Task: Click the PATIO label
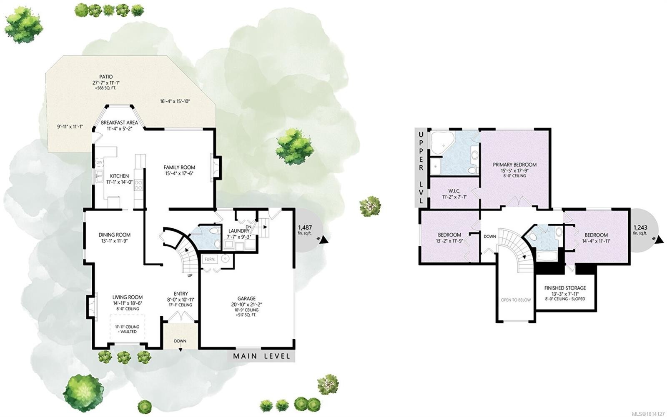[x=106, y=77]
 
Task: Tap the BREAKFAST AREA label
[x=119, y=123]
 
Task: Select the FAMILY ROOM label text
[x=179, y=167]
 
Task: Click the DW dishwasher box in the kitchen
[x=100, y=162]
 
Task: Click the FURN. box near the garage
[x=210, y=259]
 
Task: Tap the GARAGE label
[x=246, y=299]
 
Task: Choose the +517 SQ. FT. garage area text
[x=246, y=315]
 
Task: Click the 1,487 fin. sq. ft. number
[x=305, y=227]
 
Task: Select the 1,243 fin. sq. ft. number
[x=640, y=227]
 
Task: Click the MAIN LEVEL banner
[x=261, y=356]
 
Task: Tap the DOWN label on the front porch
[x=180, y=341]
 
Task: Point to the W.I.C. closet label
[x=454, y=191]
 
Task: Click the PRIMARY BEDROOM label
[x=514, y=165]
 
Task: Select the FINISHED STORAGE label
[x=565, y=288]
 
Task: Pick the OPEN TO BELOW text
[x=516, y=300]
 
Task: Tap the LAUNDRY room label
[x=239, y=231]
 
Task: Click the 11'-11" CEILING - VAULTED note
[x=128, y=329]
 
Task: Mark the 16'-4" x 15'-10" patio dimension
[x=175, y=101]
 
